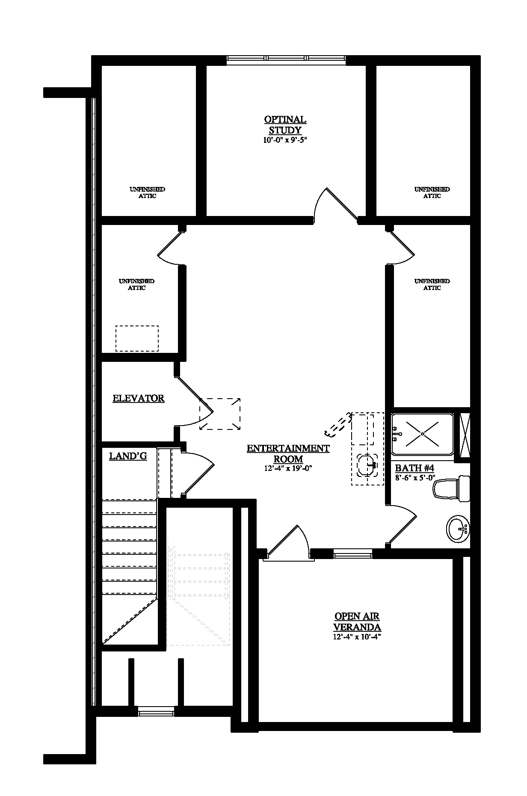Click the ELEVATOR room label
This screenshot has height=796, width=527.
(139, 398)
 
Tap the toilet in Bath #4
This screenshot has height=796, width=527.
(451, 489)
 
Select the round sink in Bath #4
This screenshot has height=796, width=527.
(458, 529)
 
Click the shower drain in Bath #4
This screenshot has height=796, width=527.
(422, 434)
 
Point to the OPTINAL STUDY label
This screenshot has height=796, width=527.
(285, 124)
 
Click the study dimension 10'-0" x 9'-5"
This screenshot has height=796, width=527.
(285, 140)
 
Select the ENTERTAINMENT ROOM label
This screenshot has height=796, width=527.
(288, 453)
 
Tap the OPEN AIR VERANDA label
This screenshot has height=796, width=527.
(357, 621)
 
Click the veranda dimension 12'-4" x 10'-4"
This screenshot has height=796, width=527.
(357, 637)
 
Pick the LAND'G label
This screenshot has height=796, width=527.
(128, 456)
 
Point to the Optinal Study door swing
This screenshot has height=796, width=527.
(335, 206)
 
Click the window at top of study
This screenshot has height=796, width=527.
(286, 59)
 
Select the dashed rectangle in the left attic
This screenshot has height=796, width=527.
(137, 339)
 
